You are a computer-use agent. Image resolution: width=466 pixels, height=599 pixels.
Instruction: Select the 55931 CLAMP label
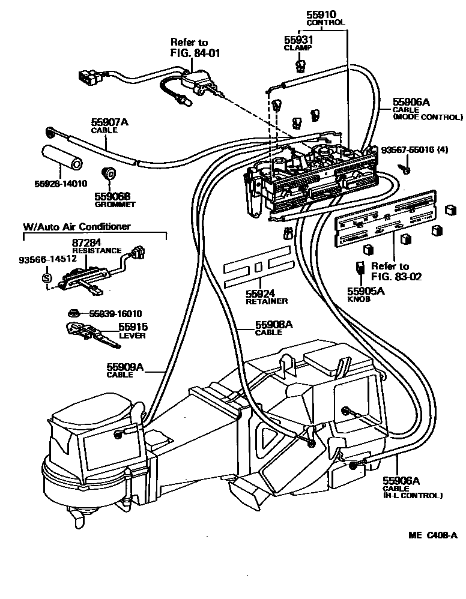click(298, 40)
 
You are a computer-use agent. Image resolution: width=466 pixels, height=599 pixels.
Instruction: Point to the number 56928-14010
click(59, 183)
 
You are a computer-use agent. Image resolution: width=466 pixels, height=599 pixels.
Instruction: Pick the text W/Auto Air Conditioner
click(76, 227)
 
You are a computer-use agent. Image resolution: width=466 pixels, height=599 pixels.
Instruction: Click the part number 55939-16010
click(115, 313)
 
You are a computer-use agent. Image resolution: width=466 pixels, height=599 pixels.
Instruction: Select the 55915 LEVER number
click(133, 327)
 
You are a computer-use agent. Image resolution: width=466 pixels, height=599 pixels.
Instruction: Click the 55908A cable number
click(274, 325)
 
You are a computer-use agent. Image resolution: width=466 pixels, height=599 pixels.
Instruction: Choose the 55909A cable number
click(126, 367)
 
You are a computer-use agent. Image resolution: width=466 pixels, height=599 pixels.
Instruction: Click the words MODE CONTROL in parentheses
click(428, 117)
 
